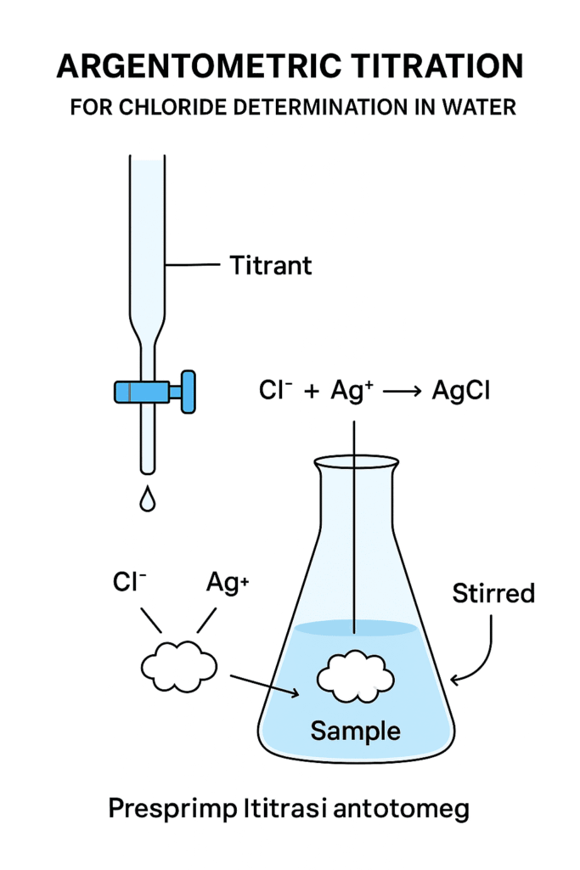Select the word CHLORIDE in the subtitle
point(206,109)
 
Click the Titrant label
point(271,265)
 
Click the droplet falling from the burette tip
point(148,500)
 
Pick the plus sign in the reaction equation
point(312,393)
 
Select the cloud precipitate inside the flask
point(356,676)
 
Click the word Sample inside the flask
point(356,729)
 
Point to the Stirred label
point(493,592)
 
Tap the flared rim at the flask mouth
point(356,464)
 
